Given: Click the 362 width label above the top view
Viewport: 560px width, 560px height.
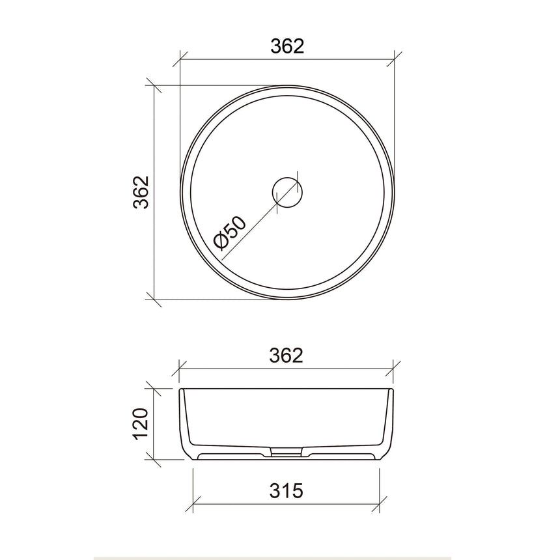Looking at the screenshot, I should point(287,46).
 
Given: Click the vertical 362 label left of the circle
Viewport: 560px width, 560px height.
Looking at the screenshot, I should point(141,192).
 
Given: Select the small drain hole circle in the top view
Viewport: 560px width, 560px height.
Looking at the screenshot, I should point(287,191).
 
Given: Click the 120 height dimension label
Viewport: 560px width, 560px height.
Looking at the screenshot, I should point(141,423).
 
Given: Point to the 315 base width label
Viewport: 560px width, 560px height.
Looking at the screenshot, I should point(287,490).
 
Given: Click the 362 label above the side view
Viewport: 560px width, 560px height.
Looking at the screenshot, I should point(287,356).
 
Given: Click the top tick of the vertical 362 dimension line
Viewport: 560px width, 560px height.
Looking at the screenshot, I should point(154,86).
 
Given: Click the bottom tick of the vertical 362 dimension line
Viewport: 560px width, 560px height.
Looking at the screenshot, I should point(154,299).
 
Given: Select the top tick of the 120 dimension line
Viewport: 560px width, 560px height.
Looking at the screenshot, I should point(154,388).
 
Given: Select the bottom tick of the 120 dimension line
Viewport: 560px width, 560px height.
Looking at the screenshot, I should point(154,459).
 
